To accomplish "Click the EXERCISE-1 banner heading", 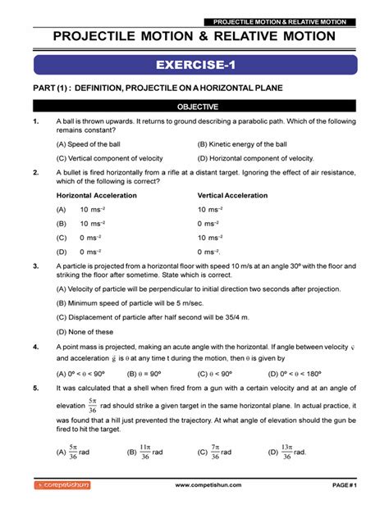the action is point(194,65).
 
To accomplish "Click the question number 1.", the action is point(35,121).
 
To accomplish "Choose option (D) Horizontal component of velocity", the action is point(256,158).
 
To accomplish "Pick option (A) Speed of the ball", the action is point(90,143).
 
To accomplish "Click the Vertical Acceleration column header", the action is point(232,196).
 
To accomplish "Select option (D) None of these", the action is point(85,331).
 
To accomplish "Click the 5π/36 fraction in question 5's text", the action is point(92,406).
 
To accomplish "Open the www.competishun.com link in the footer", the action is point(208,485).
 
